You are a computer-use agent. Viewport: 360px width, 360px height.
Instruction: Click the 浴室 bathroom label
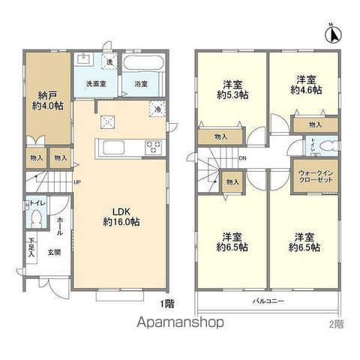click(140, 83)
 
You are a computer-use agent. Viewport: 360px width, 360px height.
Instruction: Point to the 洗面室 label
click(95, 83)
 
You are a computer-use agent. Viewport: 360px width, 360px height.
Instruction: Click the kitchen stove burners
click(154, 145)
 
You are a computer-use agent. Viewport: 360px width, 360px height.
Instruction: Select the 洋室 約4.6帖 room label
click(306, 83)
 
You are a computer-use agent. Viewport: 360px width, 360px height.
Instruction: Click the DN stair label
click(243, 158)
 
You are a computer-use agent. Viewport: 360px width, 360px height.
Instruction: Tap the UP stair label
click(76, 181)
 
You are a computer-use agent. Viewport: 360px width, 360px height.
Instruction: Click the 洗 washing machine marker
click(109, 61)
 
